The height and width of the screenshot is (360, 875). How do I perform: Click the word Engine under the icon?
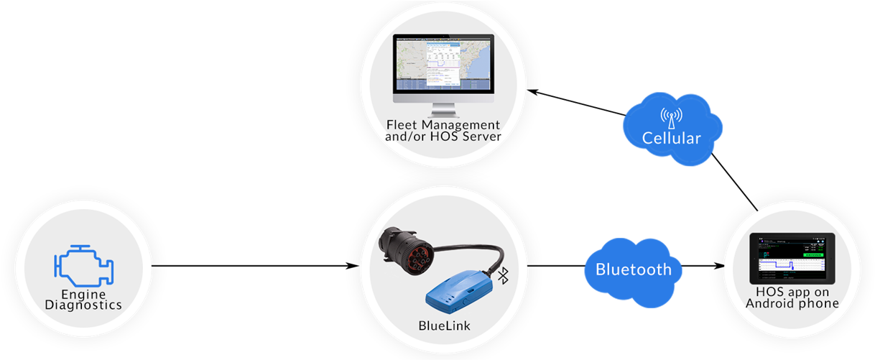[x=83, y=295]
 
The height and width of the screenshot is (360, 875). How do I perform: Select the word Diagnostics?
[x=83, y=305]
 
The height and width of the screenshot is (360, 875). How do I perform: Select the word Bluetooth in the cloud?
[x=634, y=269]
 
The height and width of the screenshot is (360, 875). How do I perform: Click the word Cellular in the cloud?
[x=671, y=138]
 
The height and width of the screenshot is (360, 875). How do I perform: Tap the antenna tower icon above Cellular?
[x=671, y=117]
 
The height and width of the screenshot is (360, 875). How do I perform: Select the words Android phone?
[x=792, y=304]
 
